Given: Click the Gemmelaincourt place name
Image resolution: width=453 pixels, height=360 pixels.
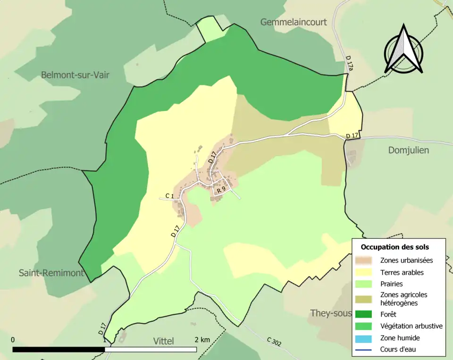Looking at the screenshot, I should click(293, 22).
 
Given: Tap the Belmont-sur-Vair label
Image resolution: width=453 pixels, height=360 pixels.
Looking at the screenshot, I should click(75, 75).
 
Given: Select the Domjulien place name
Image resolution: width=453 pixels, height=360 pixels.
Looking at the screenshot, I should click(409, 150).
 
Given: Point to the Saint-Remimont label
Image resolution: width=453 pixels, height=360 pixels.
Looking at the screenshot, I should click(51, 273).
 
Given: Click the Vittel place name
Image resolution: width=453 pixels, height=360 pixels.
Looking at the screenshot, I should click(163, 341).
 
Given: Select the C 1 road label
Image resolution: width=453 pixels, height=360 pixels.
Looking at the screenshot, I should click(170, 196).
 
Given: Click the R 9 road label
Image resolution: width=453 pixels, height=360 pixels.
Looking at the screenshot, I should click(221, 189).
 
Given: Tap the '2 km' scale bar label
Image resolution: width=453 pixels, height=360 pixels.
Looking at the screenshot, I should click(202, 340).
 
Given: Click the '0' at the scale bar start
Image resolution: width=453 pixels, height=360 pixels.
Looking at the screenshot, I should click(12, 340).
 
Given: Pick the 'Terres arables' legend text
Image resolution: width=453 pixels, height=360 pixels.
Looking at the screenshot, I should click(402, 272).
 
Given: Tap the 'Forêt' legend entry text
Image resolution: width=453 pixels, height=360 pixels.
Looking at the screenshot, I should click(389, 314).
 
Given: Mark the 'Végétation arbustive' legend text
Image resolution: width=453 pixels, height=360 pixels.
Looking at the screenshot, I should click(411, 326).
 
